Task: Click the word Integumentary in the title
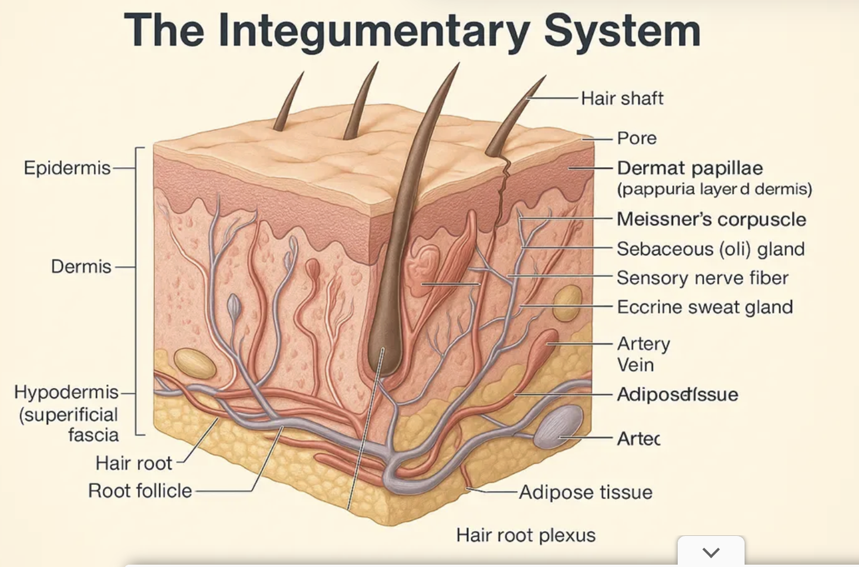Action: pyautogui.click(x=374, y=31)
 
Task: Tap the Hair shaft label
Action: pyautogui.click(x=622, y=98)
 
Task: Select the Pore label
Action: pyautogui.click(x=637, y=138)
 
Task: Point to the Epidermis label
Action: pyautogui.click(x=67, y=168)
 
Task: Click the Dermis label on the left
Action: pyautogui.click(x=81, y=266)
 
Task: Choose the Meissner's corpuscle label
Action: pyautogui.click(x=711, y=219)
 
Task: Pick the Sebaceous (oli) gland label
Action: pyautogui.click(x=710, y=249)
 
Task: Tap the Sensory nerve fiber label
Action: pyautogui.click(x=702, y=278)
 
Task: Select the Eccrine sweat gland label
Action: pyautogui.click(x=705, y=307)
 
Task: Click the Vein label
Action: pyautogui.click(x=635, y=365)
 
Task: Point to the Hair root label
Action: pyautogui.click(x=134, y=463)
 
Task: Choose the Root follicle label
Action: pyautogui.click(x=140, y=491)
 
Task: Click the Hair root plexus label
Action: pyautogui.click(x=526, y=535)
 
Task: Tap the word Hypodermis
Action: pyautogui.click(x=66, y=392)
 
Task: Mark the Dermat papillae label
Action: pyautogui.click(x=689, y=168)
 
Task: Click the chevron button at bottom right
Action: pyautogui.click(x=711, y=552)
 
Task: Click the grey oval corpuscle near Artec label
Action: pyautogui.click(x=558, y=427)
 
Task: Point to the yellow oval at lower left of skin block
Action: pyautogui.click(x=195, y=363)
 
